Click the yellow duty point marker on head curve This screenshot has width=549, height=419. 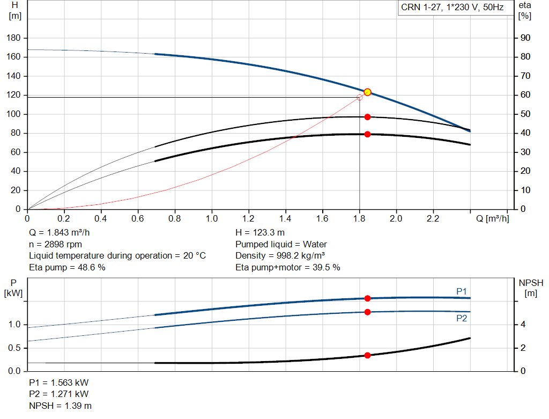(367, 92)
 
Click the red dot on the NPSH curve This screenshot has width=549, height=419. (367, 355)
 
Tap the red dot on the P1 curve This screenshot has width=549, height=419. (367, 298)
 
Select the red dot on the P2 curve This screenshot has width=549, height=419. (367, 312)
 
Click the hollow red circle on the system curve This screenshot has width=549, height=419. (359, 97)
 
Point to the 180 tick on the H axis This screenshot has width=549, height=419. (15, 38)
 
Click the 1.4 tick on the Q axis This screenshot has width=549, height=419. (285, 219)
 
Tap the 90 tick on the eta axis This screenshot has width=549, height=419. (526, 38)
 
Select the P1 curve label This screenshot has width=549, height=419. (462, 291)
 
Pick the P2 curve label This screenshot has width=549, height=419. (462, 318)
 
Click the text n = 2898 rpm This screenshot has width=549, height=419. (55, 244)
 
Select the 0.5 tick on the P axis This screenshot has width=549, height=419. (14, 348)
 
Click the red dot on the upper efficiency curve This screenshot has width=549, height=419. (367, 117)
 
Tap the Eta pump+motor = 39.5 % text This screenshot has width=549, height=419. (287, 267)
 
